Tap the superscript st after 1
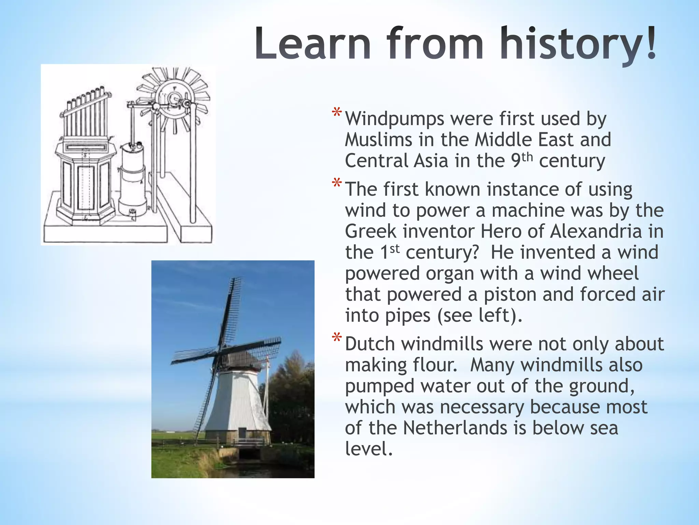(x=395, y=248)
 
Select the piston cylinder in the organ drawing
(x=132, y=178)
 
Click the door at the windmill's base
(x=242, y=433)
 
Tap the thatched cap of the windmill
(x=239, y=359)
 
